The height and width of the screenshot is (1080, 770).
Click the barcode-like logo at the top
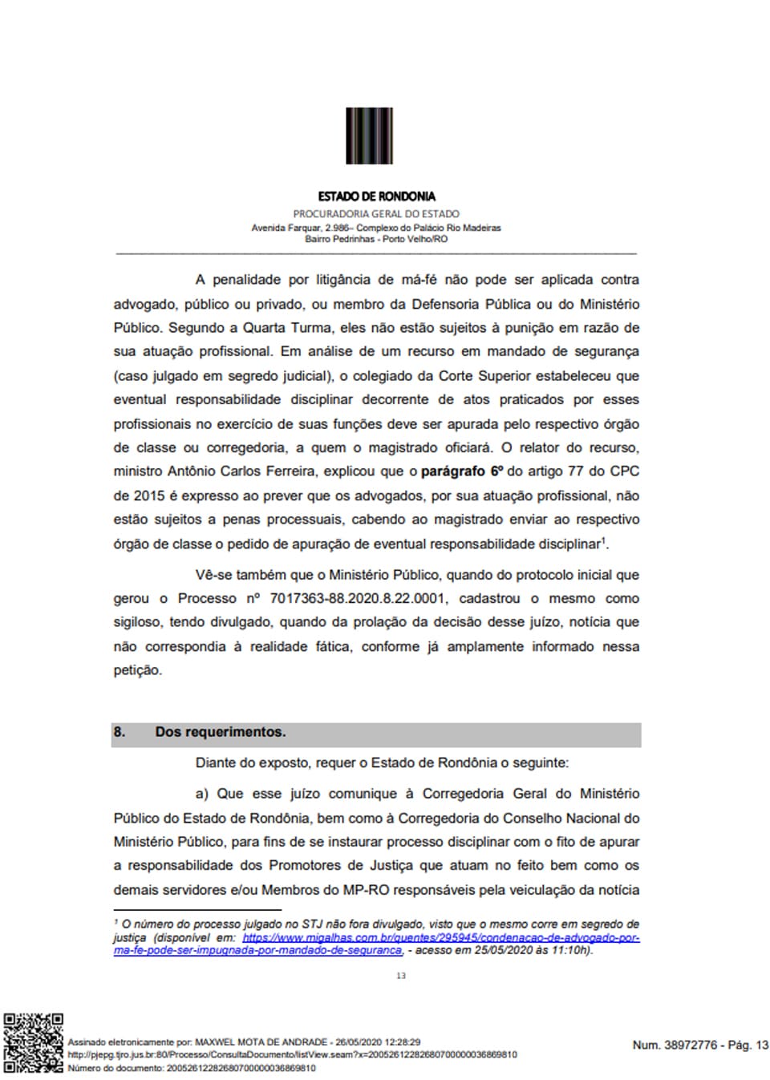369,136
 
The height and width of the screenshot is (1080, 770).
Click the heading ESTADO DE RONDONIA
376,196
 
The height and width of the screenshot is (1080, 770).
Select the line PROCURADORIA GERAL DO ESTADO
376,214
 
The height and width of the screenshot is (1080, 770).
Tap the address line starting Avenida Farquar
376,228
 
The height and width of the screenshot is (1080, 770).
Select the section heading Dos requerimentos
220,732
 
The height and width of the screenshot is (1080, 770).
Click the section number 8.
120,732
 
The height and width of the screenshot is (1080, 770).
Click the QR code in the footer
34,1042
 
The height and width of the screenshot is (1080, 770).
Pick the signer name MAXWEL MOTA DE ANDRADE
261,1042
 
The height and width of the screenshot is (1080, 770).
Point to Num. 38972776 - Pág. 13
700,1045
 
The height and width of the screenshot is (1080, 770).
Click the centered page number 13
401,976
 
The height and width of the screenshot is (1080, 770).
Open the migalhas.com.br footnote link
440,937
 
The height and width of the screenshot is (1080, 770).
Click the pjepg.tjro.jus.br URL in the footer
292,1055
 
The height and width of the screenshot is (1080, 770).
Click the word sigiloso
137,622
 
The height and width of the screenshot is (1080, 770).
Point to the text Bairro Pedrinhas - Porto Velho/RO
376,239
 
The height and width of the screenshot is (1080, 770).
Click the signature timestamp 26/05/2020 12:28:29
378,1042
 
